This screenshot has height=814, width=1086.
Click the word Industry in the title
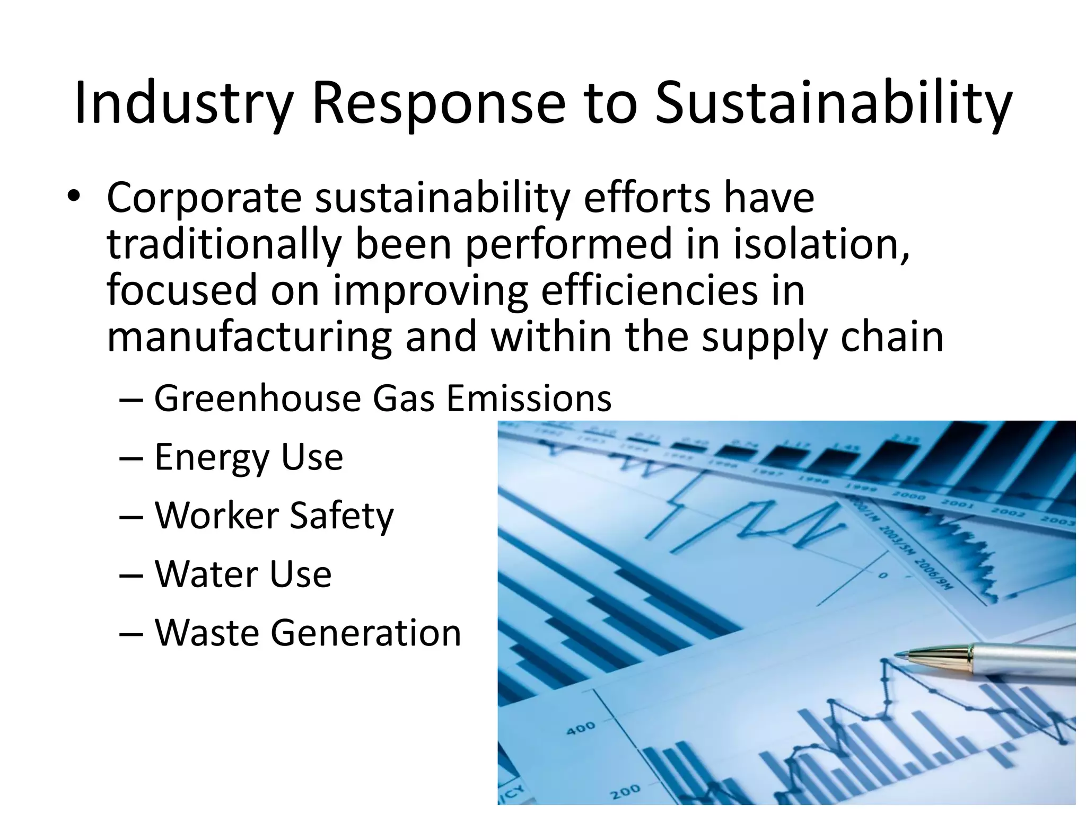[x=183, y=103]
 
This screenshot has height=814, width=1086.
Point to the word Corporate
[x=204, y=197]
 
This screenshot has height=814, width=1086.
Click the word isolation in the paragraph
[x=821, y=244]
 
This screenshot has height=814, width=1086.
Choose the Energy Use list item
[x=248, y=457]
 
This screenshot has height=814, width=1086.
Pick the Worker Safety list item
[x=274, y=516]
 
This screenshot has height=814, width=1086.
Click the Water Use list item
[x=242, y=574]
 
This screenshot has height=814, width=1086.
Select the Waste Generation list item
[x=308, y=633]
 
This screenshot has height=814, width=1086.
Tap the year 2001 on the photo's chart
[x=958, y=504]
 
